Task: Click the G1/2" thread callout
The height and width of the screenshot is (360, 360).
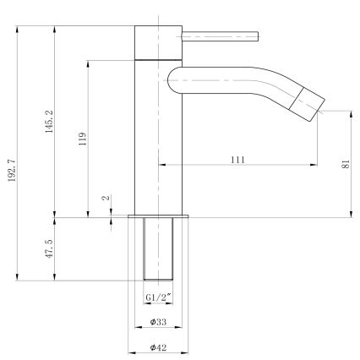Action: click(158, 297)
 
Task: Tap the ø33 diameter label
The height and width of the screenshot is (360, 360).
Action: click(158, 322)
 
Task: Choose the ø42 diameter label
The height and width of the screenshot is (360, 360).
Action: click(158, 347)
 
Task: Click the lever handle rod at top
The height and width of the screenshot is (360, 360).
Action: click(218, 35)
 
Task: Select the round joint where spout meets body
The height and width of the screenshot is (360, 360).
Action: click(176, 81)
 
